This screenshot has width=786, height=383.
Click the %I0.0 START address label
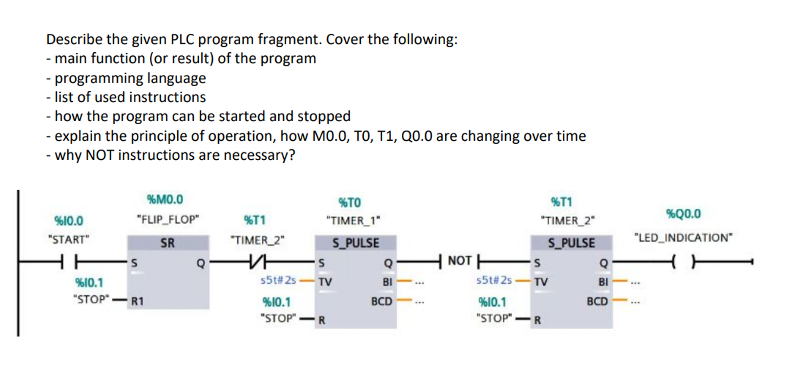point(68,221)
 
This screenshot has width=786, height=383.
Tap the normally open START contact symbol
point(68,262)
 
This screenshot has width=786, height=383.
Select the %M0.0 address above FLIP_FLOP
point(165,200)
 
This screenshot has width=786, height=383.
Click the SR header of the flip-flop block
point(167,243)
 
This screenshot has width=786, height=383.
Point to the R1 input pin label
point(137,301)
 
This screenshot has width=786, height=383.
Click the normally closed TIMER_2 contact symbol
point(254,262)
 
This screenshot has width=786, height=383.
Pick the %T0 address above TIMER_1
point(350,202)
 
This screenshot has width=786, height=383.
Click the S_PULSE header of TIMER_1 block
point(356,243)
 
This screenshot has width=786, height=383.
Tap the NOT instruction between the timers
point(459,261)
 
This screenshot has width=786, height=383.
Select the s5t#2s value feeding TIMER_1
point(278,280)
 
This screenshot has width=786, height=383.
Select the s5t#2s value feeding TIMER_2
point(494,280)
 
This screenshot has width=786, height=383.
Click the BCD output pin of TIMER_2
point(597,301)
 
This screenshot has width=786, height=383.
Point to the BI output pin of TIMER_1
point(388,282)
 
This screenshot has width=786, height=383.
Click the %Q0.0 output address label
point(683,214)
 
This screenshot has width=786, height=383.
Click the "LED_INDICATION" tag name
point(683,238)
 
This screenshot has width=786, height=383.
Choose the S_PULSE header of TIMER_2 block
point(571,243)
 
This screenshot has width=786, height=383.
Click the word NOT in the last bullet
point(100,155)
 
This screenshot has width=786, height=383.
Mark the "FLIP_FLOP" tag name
point(168,220)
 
